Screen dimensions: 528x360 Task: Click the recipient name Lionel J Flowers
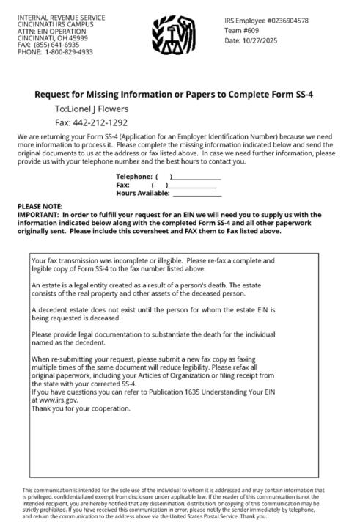point(87,109)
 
